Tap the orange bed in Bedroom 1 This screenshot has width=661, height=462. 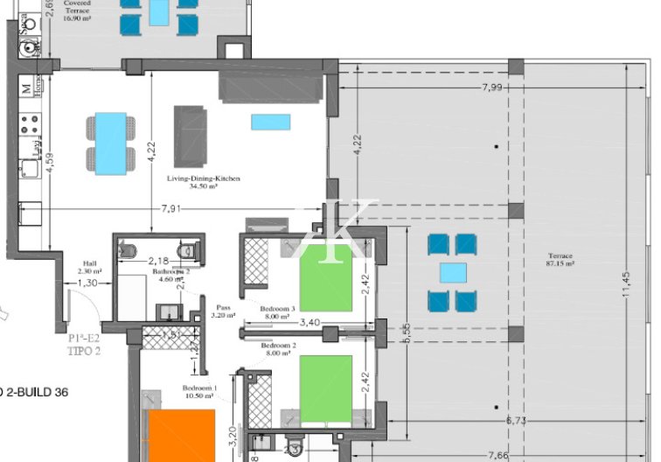(181, 435)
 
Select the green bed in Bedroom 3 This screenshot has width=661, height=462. (325, 277)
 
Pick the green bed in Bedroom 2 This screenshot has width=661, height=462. (325, 388)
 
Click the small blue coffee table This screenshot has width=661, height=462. (271, 122)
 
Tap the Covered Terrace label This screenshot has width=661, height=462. (78, 7)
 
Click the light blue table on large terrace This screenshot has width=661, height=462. (453, 273)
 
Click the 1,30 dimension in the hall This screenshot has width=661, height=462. (87, 283)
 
